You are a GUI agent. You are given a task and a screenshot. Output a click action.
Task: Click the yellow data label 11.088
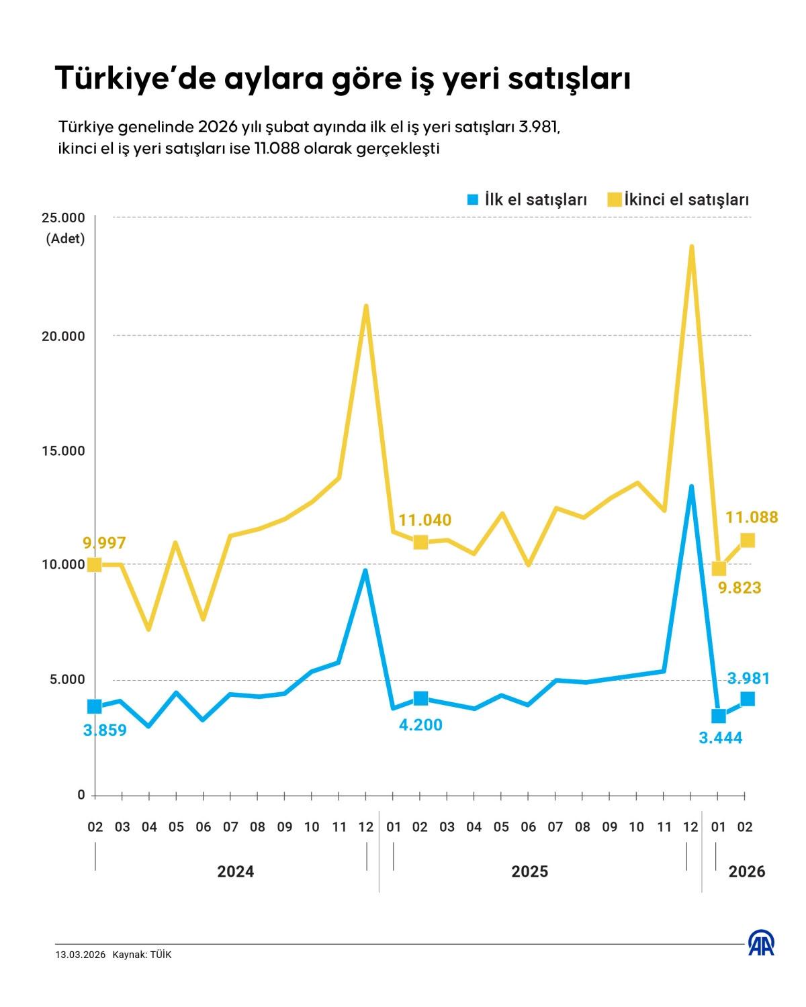(x=752, y=517)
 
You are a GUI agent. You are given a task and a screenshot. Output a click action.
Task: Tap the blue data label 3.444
(x=721, y=738)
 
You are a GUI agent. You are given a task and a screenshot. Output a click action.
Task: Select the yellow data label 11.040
(x=424, y=520)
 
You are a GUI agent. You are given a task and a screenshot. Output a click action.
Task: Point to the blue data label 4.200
(x=420, y=725)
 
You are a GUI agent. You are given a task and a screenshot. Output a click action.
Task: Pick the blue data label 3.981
(x=748, y=679)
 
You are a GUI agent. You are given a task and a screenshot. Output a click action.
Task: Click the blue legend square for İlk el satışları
(x=473, y=199)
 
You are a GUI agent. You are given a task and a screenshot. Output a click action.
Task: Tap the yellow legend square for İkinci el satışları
(x=614, y=199)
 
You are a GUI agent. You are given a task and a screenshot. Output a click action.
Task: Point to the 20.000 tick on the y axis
(x=64, y=336)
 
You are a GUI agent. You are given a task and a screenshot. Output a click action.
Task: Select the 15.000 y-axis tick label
(x=64, y=450)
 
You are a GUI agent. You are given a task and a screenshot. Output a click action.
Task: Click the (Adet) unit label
(x=65, y=239)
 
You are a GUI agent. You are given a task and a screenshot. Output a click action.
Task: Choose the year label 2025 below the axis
(x=529, y=871)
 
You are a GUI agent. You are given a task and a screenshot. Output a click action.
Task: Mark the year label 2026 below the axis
(x=747, y=871)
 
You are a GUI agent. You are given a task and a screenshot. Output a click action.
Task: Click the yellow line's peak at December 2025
(x=691, y=247)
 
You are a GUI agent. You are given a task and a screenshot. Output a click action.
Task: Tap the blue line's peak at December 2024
(x=365, y=571)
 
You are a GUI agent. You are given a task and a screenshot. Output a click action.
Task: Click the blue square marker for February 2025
(x=420, y=698)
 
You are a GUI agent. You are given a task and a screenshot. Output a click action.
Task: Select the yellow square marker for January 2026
(x=719, y=569)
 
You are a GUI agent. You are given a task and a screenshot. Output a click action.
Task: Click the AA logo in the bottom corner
(x=761, y=943)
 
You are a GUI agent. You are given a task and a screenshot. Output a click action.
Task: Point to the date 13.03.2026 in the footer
(x=81, y=955)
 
